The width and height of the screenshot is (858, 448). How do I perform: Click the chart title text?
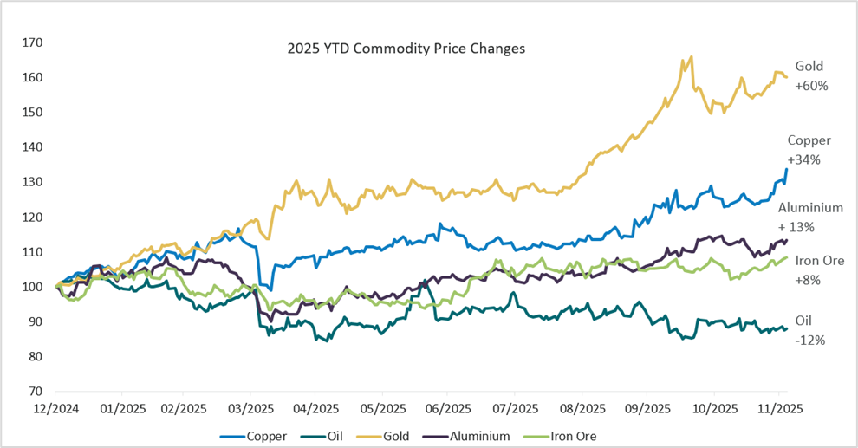[x=406, y=49]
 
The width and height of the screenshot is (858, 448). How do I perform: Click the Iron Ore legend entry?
[x=573, y=436]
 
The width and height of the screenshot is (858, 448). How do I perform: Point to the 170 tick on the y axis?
[x=37, y=42]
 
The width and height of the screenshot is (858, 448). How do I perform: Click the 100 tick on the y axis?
[x=37, y=287]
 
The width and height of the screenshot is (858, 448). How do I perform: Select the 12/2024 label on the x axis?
[x=55, y=408]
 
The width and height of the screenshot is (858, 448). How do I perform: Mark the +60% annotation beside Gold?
[x=811, y=86]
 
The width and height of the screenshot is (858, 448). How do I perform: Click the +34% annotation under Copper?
[x=803, y=159]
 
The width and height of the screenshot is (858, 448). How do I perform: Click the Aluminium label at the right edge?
[x=810, y=208]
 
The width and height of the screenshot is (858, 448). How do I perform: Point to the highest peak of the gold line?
[x=692, y=57]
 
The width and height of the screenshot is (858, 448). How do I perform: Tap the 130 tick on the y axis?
[x=37, y=182]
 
